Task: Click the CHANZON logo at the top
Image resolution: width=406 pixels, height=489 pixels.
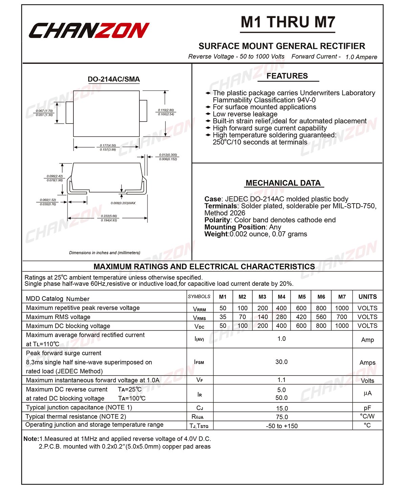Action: [89, 31]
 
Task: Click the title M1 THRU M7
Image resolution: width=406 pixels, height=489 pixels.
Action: [288, 22]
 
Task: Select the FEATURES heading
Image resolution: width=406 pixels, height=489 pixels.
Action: [287, 76]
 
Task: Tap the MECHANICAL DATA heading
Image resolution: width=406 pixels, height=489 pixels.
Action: [283, 183]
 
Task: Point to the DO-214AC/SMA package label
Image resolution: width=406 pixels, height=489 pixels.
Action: [114, 80]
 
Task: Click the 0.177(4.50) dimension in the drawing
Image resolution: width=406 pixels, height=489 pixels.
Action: [108, 146]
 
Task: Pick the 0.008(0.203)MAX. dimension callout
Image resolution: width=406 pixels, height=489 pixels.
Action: [123, 203]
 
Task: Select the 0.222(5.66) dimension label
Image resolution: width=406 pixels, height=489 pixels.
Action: [109, 216]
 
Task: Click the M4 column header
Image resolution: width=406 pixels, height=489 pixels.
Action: [281, 297]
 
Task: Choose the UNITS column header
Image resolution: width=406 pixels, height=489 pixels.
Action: [367, 297]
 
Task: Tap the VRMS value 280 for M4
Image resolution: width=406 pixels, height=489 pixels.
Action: [281, 317]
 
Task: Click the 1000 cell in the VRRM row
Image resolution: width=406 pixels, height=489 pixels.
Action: [342, 308]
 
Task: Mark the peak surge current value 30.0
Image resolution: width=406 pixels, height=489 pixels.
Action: [281, 362]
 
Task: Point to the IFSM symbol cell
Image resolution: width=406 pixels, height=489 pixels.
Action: [199, 362]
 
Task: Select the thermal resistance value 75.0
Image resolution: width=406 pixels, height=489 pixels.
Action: [282, 417]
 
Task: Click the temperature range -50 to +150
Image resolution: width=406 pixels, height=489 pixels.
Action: [282, 426]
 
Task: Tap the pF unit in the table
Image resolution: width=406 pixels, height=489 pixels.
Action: [367, 408]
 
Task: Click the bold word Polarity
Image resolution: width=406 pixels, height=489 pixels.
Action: [217, 220]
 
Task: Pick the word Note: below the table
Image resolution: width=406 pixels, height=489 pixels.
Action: [31, 439]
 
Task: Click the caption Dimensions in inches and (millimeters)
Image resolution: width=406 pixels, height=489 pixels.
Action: [105, 253]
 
